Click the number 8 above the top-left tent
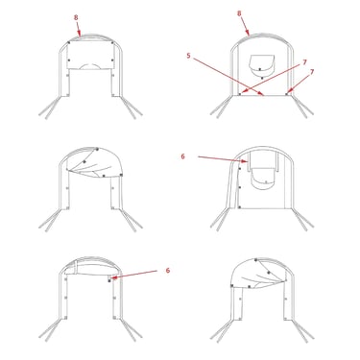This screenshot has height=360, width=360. tap(76, 17)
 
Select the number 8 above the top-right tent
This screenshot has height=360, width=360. tap(239, 13)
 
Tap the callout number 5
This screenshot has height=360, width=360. tap(188, 56)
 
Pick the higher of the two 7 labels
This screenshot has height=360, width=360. tap(304, 62)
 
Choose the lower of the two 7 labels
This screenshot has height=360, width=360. tap(312, 72)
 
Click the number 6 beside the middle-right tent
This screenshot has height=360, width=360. tap(182, 156)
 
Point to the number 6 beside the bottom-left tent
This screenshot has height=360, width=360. tap(168, 271)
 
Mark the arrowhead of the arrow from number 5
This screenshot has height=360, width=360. tap(261, 93)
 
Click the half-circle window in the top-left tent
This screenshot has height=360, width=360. tap(91, 66)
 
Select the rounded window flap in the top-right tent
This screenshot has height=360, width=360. tap(261, 65)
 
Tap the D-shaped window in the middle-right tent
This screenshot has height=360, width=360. tap(264, 179)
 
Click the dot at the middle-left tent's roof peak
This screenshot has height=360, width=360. tap(97, 149)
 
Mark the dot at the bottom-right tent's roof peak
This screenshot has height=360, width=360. tap(256, 260)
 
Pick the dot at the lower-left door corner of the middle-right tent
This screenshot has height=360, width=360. tap(240, 207)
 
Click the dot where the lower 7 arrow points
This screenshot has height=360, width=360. tap(287, 94)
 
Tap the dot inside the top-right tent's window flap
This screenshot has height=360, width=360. tap(260, 69)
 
